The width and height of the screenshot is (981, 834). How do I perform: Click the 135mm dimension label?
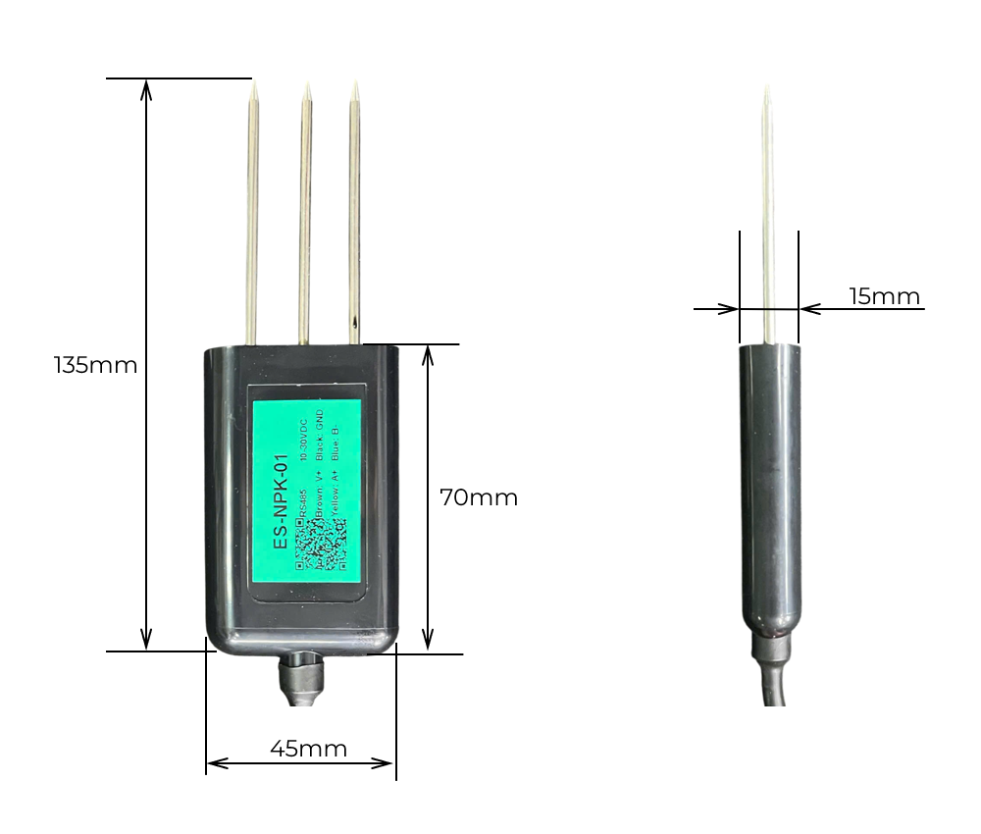[x=95, y=366]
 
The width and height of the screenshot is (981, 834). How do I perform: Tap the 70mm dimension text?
[x=478, y=497]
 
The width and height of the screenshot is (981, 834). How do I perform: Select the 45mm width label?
[x=308, y=749]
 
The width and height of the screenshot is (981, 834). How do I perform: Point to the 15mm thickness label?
[x=884, y=296]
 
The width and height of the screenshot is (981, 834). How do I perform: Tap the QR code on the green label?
[x=321, y=544]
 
